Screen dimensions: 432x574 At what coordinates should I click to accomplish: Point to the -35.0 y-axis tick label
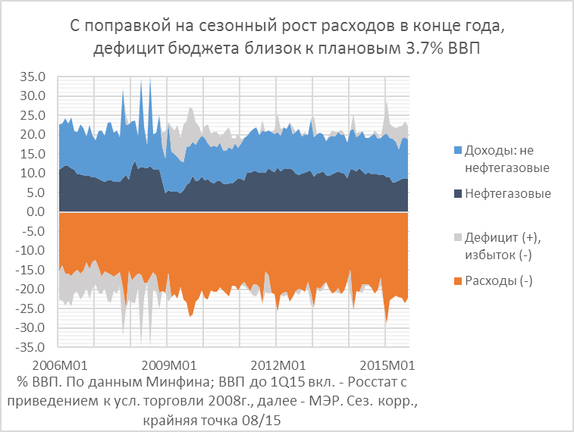tap(33, 348)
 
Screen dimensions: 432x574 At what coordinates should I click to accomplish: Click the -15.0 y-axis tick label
tap(33, 271)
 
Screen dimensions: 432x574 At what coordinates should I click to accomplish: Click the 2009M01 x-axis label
tap(166, 362)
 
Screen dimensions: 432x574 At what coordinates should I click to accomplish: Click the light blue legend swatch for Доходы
tap(457, 149)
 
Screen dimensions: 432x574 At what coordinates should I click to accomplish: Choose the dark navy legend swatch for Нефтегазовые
tap(457, 194)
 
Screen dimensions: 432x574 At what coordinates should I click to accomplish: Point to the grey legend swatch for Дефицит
tap(457, 237)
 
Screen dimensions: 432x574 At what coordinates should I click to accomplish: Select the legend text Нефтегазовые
tap(507, 194)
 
